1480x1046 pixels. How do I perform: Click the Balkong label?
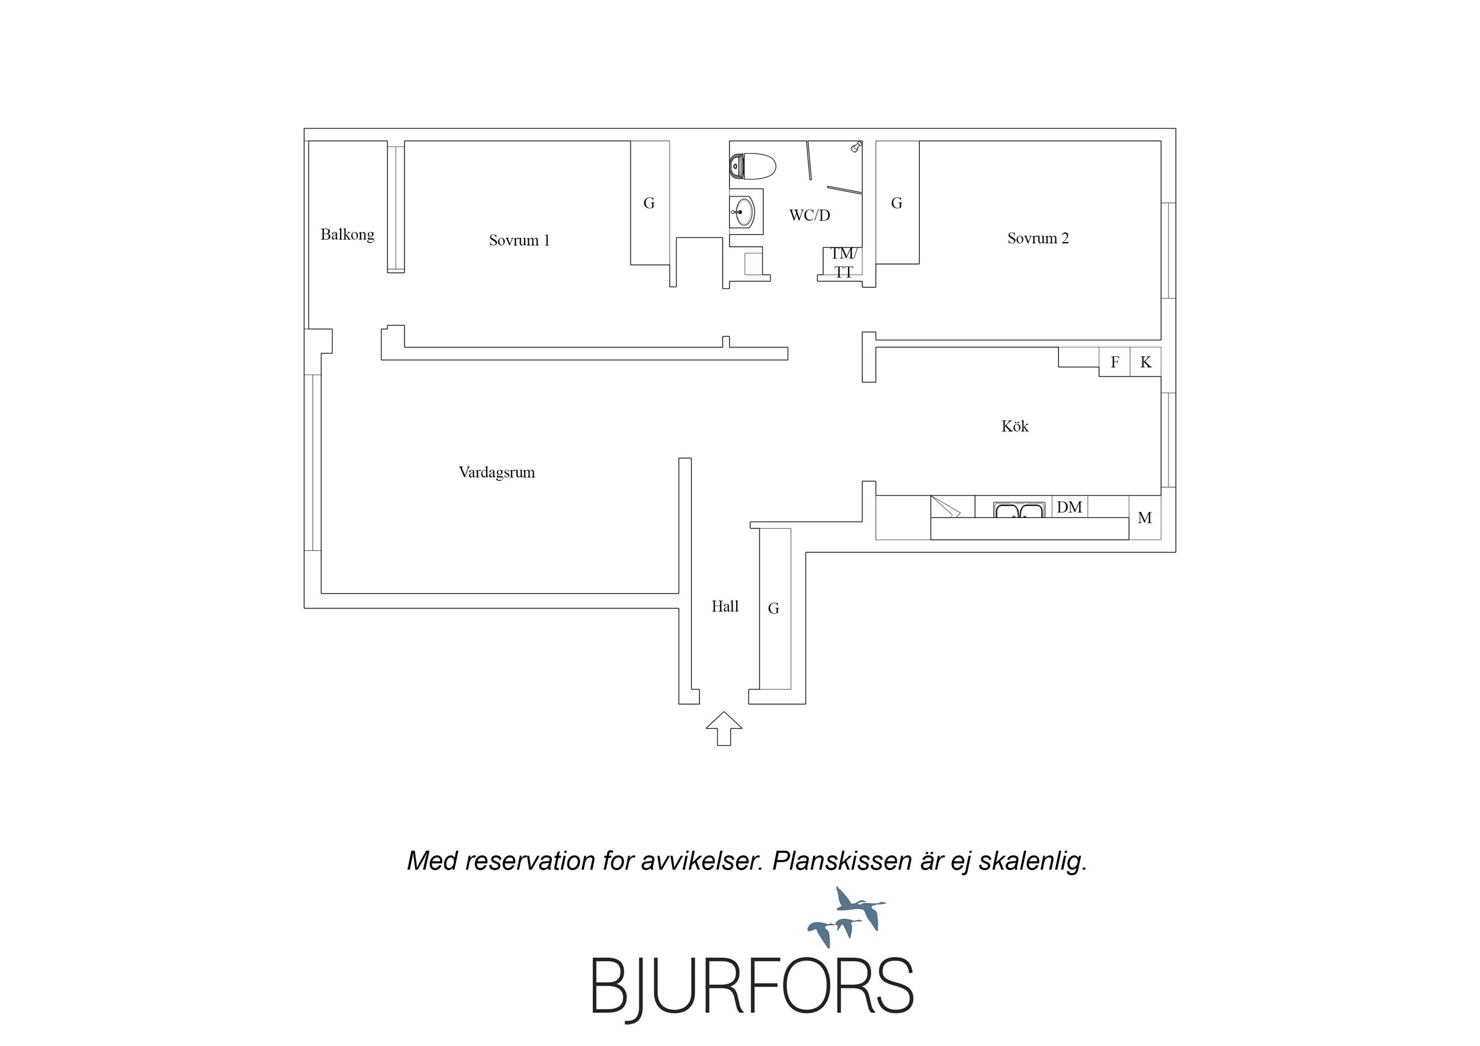pyautogui.click(x=348, y=234)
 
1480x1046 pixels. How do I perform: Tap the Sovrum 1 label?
pyautogui.click(x=519, y=240)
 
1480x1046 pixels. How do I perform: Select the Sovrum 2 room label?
pyautogui.click(x=1038, y=239)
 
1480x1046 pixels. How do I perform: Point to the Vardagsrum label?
pyautogui.click(x=497, y=473)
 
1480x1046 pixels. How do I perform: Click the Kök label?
pyautogui.click(x=1015, y=426)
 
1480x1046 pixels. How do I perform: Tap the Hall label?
pyautogui.click(x=725, y=606)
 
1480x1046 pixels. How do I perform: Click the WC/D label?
pyautogui.click(x=810, y=215)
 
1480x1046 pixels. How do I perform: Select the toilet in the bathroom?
pyautogui.click(x=752, y=166)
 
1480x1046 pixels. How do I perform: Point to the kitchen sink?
pyautogui.click(x=1019, y=510)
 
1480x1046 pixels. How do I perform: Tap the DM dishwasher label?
pyautogui.click(x=1070, y=507)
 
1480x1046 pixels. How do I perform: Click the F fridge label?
pyautogui.click(x=1115, y=362)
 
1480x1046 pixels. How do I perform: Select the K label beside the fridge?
pyautogui.click(x=1145, y=362)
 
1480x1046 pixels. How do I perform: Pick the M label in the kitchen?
pyautogui.click(x=1145, y=518)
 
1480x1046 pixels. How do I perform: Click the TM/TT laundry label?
pyautogui.click(x=844, y=263)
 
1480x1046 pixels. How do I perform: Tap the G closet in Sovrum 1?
pyautogui.click(x=649, y=203)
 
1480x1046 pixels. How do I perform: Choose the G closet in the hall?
pyautogui.click(x=773, y=609)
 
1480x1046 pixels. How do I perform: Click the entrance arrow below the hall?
pyautogui.click(x=724, y=729)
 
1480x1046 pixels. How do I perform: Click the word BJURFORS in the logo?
pyautogui.click(x=752, y=987)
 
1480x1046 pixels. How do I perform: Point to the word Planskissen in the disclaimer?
pyautogui.click(x=842, y=861)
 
